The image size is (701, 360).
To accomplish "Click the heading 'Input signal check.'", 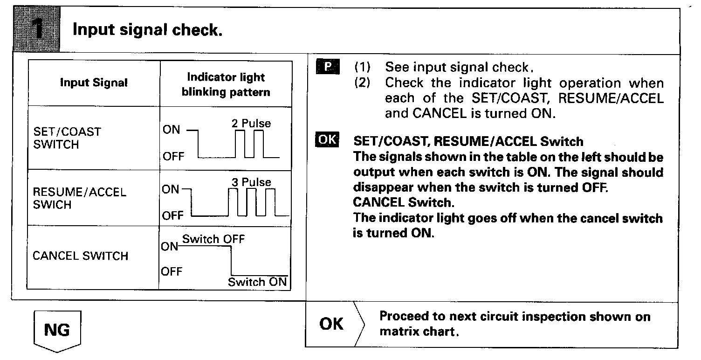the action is (147, 30).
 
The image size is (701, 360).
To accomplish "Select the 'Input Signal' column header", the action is (94, 83).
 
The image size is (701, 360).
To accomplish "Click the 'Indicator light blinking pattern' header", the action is (226, 84).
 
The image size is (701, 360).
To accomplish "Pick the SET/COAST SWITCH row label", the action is (67, 138).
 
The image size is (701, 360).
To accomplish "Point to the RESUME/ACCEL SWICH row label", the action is (79, 199).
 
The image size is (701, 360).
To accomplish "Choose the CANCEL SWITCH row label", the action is (80, 256).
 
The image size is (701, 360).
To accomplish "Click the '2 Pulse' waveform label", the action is (251, 123).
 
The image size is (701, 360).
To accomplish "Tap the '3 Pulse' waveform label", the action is (251, 182).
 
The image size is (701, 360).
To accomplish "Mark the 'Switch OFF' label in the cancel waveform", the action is (213, 239).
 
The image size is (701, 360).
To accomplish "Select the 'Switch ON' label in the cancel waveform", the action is (257, 282).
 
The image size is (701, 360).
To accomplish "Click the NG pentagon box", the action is (57, 330).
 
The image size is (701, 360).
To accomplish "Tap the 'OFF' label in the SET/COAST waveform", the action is (173, 157).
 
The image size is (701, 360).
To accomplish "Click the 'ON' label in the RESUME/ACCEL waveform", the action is (171, 189).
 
